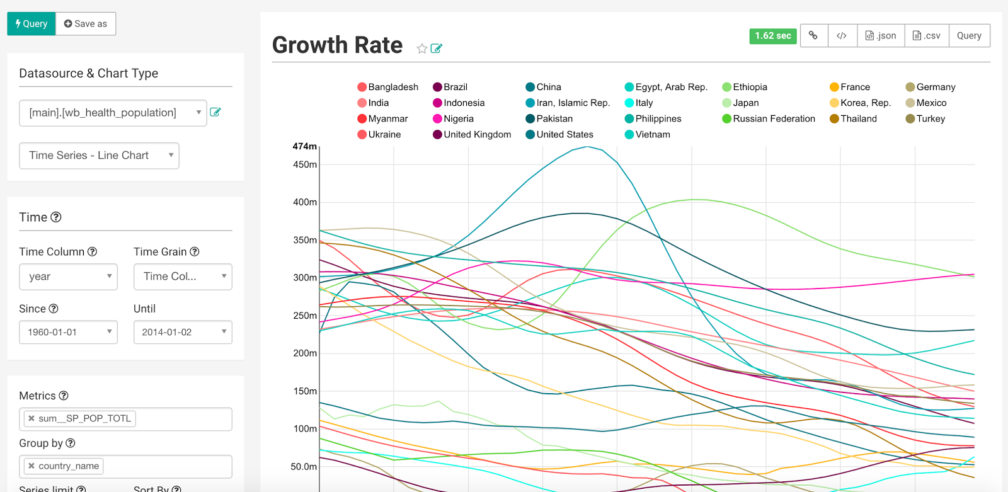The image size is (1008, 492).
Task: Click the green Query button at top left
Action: [31, 24]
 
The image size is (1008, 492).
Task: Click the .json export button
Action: [881, 36]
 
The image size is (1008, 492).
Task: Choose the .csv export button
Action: [927, 36]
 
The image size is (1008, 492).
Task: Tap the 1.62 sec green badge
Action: [773, 36]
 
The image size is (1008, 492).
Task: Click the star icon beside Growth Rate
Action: [422, 49]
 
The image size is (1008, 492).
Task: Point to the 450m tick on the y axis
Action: [305, 164]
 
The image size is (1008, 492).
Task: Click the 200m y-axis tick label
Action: [305, 353]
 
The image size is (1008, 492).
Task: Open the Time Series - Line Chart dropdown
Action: [100, 156]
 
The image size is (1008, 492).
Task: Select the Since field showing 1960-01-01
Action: [69, 332]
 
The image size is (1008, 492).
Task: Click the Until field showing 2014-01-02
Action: [183, 332]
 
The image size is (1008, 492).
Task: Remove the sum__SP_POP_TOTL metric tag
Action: [31, 418]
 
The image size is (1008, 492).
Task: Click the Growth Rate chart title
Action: [337, 45]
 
